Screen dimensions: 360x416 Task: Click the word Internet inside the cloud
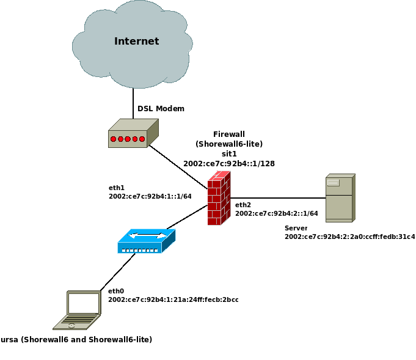pyautogui.click(x=136, y=42)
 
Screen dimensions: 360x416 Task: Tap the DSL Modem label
pyautogui.click(x=161, y=109)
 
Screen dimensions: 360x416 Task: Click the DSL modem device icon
pyautogui.click(x=133, y=134)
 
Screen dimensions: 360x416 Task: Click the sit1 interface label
pyautogui.click(x=228, y=154)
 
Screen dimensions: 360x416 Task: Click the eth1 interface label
pyautogui.click(x=116, y=188)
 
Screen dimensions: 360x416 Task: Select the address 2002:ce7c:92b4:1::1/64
pyautogui.click(x=150, y=196)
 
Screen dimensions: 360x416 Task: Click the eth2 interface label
pyautogui.click(x=243, y=205)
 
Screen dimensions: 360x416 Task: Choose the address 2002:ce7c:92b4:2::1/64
pyautogui.click(x=276, y=213)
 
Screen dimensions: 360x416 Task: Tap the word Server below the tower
pyautogui.click(x=296, y=228)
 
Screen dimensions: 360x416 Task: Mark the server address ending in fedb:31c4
pyautogui.click(x=349, y=237)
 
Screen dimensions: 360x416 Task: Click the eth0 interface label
pyautogui.click(x=116, y=291)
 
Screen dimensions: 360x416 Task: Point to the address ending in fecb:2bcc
pyautogui.click(x=173, y=299)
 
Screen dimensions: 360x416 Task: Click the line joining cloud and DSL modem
pyautogui.click(x=133, y=102)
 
